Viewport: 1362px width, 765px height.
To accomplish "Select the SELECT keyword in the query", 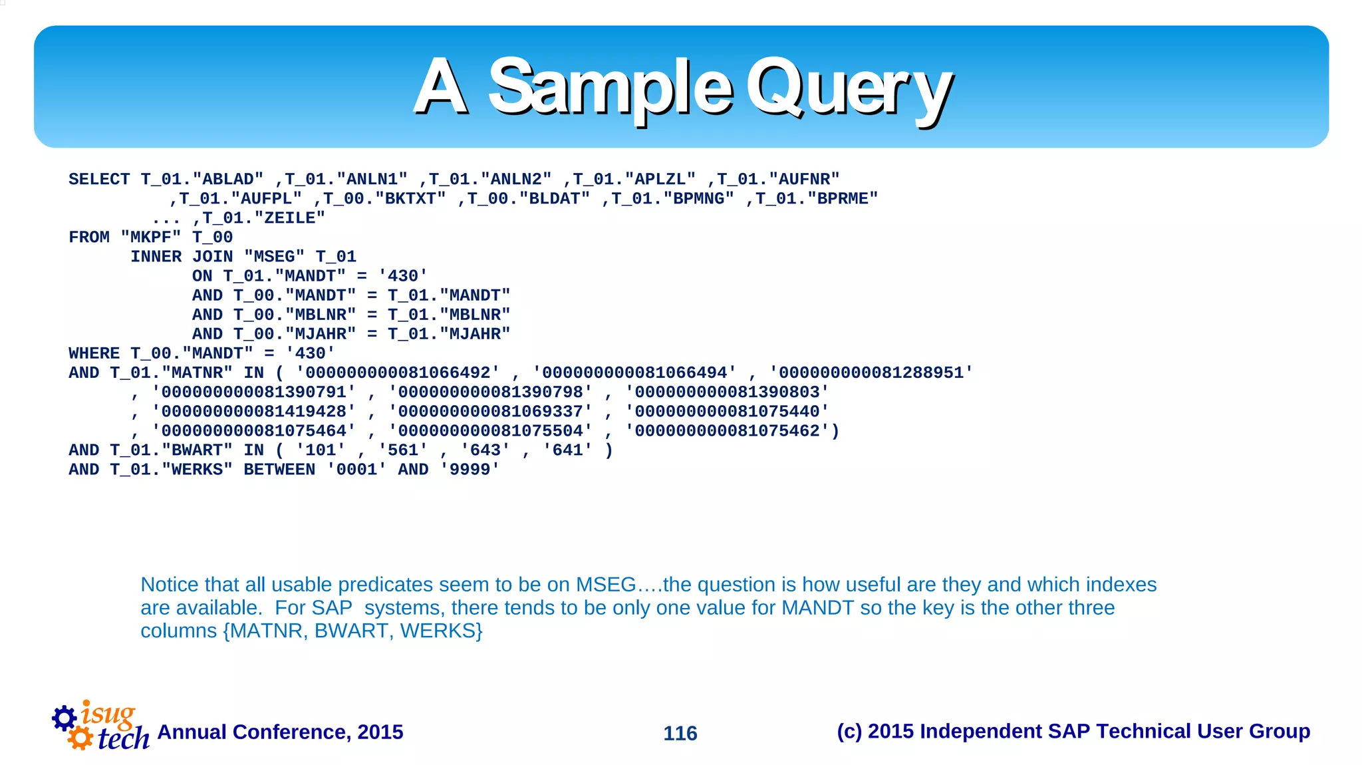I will point(99,180).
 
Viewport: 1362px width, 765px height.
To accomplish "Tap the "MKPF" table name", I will point(151,237).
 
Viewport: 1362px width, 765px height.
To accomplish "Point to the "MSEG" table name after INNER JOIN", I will point(274,257).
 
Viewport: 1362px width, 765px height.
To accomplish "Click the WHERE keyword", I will point(94,353).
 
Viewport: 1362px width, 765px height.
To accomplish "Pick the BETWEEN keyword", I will point(279,470).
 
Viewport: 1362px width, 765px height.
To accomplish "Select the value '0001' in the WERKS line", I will point(356,470).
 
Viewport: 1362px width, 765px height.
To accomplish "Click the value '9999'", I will point(470,470).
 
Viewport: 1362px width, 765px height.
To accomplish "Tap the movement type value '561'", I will point(403,450).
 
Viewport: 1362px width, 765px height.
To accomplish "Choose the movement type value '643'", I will point(485,450).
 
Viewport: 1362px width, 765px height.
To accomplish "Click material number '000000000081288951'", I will point(871,373).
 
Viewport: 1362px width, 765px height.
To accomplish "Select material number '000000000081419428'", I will point(253,412).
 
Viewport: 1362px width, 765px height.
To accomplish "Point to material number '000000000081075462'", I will point(727,431).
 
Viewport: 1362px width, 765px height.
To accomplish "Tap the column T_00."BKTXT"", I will point(384,199).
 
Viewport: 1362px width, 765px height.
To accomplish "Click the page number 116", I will point(680,733).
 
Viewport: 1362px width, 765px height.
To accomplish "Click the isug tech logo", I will point(101,726).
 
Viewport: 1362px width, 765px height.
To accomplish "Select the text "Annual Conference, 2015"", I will point(280,732).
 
